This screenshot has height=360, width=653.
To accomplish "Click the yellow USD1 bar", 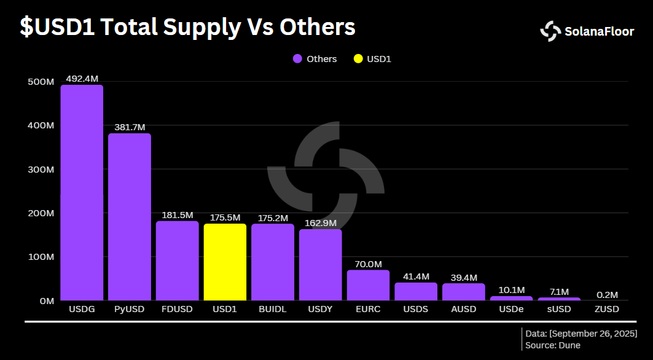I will (x=225, y=262).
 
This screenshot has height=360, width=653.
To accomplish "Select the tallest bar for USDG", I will (x=82, y=193).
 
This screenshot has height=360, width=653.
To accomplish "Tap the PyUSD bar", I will (x=130, y=217).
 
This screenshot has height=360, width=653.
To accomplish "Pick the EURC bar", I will (x=368, y=286).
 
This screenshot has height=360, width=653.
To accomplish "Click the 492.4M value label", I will (x=82, y=79).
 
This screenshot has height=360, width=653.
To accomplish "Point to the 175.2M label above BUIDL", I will (x=273, y=217).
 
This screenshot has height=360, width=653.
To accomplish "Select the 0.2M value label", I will (x=607, y=294).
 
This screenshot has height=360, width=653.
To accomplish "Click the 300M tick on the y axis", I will (x=41, y=169).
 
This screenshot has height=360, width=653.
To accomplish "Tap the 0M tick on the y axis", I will (x=47, y=301).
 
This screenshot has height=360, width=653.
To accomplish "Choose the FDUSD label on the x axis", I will (x=177, y=309).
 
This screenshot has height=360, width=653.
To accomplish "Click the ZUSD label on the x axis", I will (x=607, y=309).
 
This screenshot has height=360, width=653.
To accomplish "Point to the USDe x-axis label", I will (x=511, y=309).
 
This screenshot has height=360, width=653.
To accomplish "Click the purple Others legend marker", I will (x=297, y=59).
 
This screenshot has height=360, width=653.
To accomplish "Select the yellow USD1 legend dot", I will (x=358, y=59).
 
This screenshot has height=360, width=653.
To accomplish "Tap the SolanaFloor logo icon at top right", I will (x=550, y=31).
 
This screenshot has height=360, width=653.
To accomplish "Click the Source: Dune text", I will (x=553, y=345).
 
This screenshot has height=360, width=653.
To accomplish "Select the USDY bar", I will (x=320, y=265).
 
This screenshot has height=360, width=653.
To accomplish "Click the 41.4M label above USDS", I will (x=416, y=276).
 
